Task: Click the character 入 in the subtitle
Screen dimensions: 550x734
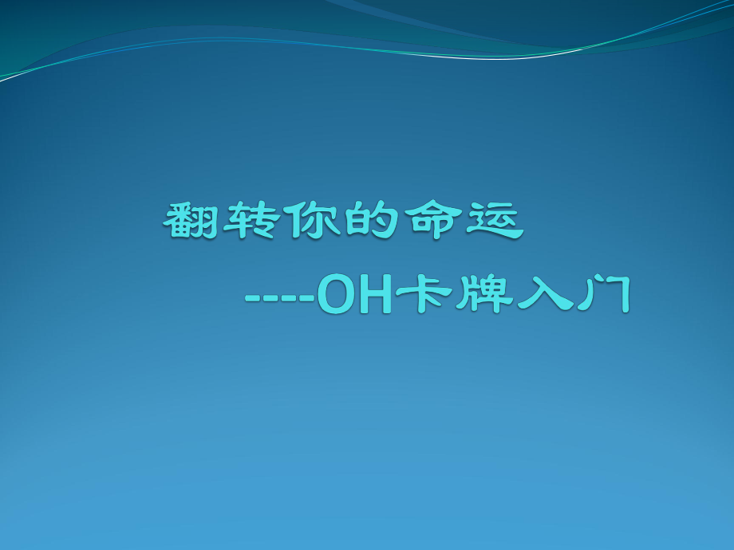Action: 543,297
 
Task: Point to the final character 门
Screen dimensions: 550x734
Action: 603,297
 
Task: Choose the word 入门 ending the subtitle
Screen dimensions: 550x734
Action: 573,297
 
